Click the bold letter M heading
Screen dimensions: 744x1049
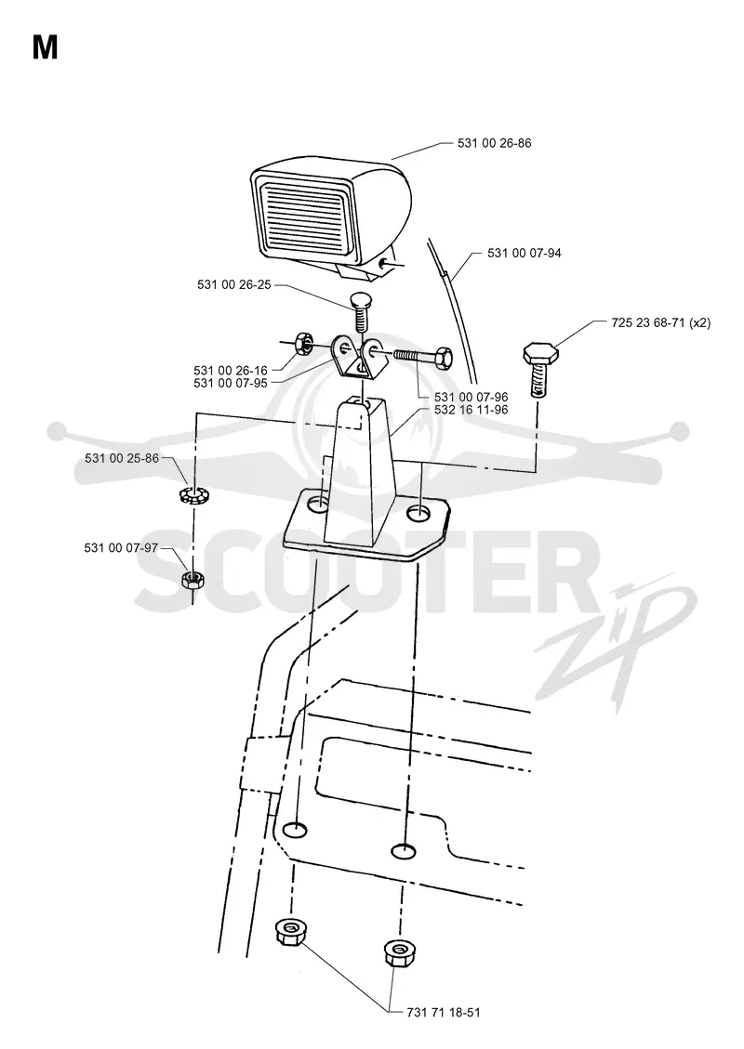(45, 47)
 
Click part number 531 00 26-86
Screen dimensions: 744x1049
(494, 143)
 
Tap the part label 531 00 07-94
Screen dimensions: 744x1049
(525, 254)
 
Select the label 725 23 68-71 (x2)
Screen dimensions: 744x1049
(661, 322)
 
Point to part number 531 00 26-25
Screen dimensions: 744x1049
(234, 285)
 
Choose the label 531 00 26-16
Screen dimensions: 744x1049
(231, 371)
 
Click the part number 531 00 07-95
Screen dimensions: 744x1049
(231, 384)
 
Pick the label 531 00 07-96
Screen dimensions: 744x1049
(472, 398)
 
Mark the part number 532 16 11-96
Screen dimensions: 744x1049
(472, 410)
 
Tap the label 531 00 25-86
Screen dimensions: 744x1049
(122, 459)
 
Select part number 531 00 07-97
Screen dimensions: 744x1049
(121, 548)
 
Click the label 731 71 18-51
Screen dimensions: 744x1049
(444, 1012)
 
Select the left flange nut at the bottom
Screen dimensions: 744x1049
(288, 931)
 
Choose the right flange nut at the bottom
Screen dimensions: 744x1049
(397, 951)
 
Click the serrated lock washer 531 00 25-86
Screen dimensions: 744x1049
(193, 496)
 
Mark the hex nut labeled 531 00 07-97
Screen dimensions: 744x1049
(193, 579)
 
